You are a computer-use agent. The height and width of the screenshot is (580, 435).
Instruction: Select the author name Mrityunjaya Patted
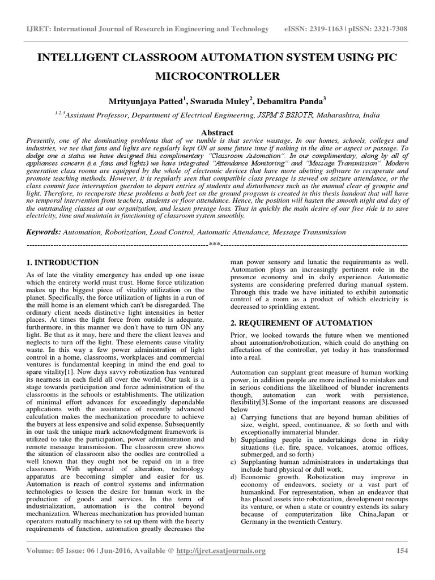click(149, 101)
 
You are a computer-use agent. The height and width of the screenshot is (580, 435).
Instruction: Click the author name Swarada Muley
click(223, 101)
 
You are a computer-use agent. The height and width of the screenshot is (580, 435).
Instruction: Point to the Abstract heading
click(217, 131)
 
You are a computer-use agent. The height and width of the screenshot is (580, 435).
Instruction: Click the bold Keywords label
click(44, 232)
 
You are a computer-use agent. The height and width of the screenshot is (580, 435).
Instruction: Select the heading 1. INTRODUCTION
click(63, 263)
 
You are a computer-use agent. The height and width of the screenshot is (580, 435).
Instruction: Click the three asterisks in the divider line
click(214, 244)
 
